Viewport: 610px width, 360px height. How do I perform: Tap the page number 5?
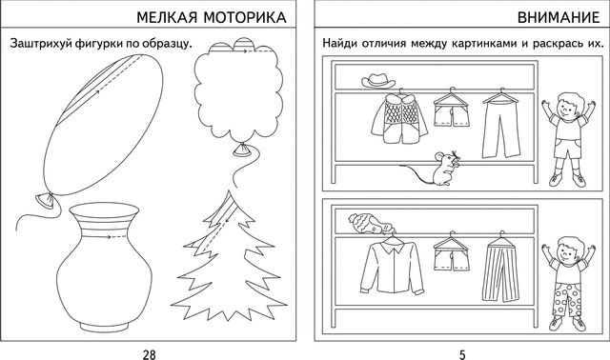coord(462,354)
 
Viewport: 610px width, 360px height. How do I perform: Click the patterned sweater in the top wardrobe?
coord(393,120)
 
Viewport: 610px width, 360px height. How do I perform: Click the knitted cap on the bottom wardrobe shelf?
coord(366,224)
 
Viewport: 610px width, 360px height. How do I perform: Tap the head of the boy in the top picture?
coord(568,104)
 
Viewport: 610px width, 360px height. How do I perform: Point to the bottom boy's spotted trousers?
coord(569,297)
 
